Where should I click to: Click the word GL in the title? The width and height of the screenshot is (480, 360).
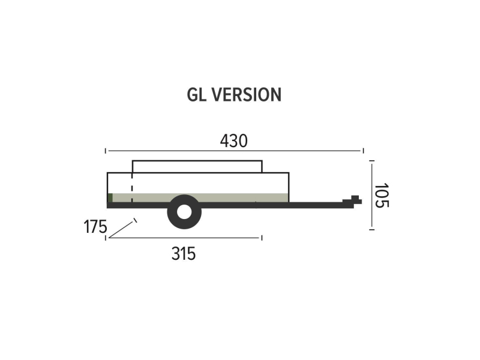(x=196, y=95)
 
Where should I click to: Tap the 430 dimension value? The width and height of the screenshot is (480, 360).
(x=234, y=141)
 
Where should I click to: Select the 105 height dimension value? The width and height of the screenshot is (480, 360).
(x=382, y=196)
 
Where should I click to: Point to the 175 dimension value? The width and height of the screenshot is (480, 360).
(x=95, y=227)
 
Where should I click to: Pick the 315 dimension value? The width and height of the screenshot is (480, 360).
(x=184, y=254)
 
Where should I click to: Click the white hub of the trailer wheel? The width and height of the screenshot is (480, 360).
(x=184, y=212)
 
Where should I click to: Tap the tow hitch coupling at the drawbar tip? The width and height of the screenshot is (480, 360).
(x=353, y=201)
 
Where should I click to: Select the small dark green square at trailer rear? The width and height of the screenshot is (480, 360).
(x=110, y=198)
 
